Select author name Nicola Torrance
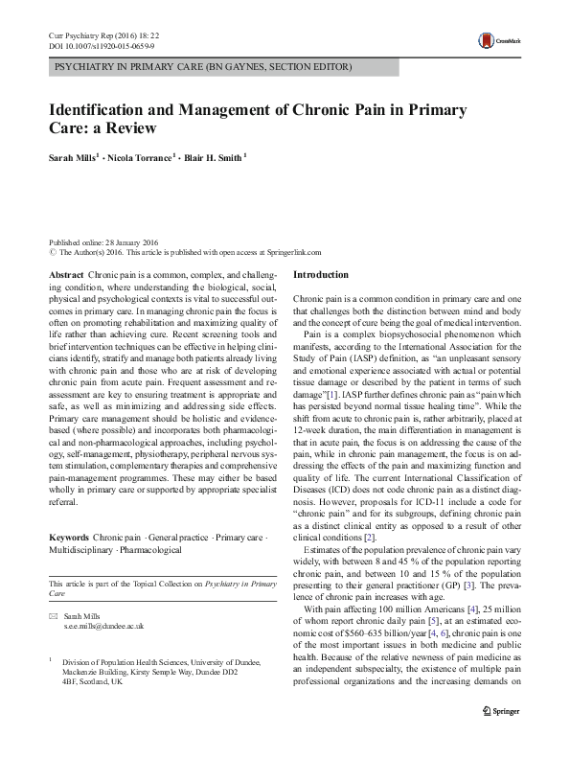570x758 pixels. click(x=140, y=157)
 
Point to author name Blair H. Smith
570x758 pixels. click(x=217, y=157)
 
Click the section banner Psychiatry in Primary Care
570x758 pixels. click(x=203, y=67)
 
